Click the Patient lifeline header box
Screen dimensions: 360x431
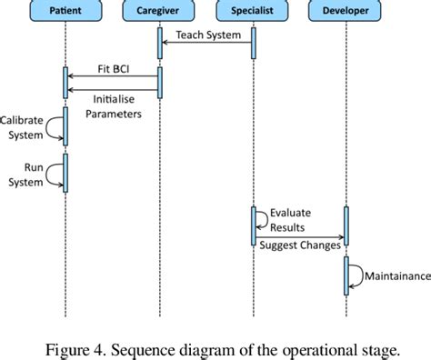pyautogui.click(x=65, y=12)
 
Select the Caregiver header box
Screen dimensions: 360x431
pyautogui.click(x=159, y=12)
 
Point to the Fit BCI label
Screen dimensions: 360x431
pyautogui.click(x=114, y=68)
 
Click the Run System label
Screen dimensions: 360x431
pyautogui.click(x=24, y=174)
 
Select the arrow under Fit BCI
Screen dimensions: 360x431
pyautogui.click(x=114, y=77)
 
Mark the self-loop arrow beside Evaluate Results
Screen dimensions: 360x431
pyautogui.click(x=262, y=218)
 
